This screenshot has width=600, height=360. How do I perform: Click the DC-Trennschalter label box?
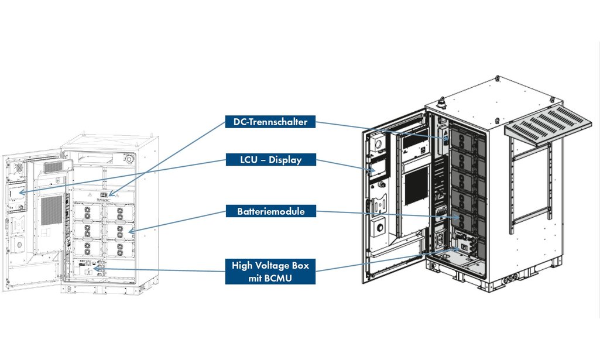pyautogui.click(x=270, y=122)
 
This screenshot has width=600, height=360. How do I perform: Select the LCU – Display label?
pyautogui.click(x=270, y=159)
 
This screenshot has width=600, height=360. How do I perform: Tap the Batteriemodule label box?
pyautogui.click(x=270, y=212)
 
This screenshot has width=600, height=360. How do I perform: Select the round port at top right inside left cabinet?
pyautogui.click(x=129, y=158)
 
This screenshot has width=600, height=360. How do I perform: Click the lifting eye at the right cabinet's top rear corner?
pyautogui.click(x=496, y=77)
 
